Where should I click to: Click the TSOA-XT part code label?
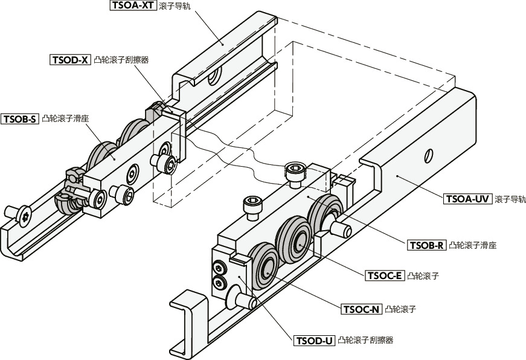pyautogui.click(x=133, y=6)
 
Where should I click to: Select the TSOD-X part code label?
pyautogui.click(x=70, y=60)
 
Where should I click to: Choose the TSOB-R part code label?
pyautogui.click(x=428, y=245)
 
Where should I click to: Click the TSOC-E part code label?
pyautogui.click(x=385, y=276)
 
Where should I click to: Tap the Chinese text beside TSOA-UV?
pyautogui.click(x=510, y=198)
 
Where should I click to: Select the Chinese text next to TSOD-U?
pyautogui.click(x=365, y=341)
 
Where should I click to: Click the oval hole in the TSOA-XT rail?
pyautogui.click(x=212, y=77)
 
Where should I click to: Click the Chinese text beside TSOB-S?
pyautogui.click(x=66, y=119)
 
